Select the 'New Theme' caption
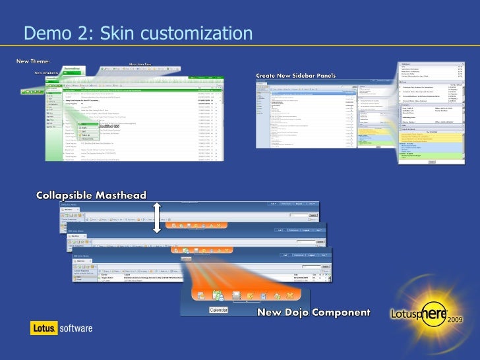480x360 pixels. click(31, 61)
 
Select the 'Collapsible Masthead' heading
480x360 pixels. click(91, 195)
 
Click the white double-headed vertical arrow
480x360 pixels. click(157, 218)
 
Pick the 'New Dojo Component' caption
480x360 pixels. click(313, 311)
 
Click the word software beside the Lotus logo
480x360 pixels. click(76, 328)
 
